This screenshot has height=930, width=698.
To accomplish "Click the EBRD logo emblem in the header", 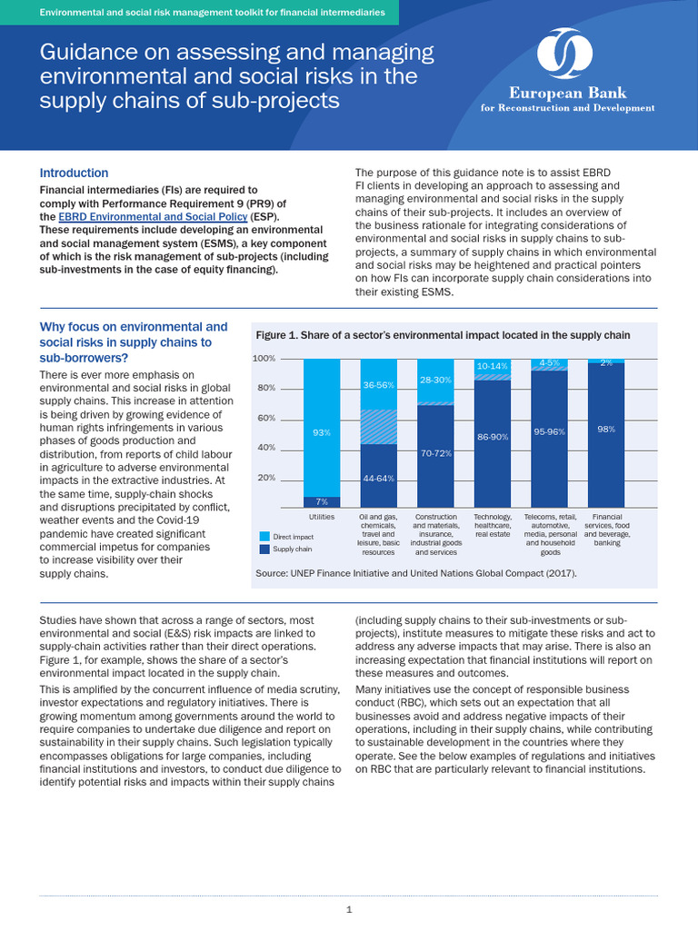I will pos(567,54).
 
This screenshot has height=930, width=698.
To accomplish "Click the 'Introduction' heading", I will pos(74,173).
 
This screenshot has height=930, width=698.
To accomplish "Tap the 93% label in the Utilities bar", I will pos(322,433).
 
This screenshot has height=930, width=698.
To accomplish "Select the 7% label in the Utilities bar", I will pos(322,502).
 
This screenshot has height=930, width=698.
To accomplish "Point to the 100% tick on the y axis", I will pos(264,359).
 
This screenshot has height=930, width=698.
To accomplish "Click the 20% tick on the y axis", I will pos(267,478).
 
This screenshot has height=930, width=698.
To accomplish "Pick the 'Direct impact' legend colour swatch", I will pos(264,537).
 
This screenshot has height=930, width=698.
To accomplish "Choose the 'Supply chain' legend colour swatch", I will pos(264,549).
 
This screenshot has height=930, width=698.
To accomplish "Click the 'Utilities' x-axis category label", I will pos(322,517).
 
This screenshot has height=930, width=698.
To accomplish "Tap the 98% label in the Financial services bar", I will pos(606,429).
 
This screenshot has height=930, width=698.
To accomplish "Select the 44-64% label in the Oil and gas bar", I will pos(378,478).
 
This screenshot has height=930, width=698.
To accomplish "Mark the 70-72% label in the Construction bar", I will pos(435,451).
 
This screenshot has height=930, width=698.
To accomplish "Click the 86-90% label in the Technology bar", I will pos(493,438).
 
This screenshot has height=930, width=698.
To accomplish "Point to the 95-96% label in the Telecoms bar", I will pos(550,432).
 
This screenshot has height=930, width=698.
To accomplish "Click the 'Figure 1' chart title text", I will pos(443,335).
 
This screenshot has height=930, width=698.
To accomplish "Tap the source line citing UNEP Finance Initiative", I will pos(416,573).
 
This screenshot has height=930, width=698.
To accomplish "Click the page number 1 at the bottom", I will pos(349,909).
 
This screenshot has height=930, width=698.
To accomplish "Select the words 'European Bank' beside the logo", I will pos(567,94).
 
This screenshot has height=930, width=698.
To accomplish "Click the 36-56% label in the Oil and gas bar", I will pos(378,385).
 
